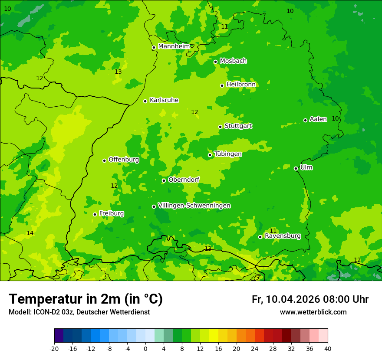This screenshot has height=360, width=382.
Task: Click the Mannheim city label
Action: tap(174, 46)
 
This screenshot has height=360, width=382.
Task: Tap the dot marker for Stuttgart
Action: tap(220, 127)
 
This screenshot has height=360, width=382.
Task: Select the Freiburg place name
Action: tap(111, 213)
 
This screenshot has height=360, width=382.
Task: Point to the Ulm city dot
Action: tap(296, 168)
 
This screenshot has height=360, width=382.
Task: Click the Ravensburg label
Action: tap(283, 236)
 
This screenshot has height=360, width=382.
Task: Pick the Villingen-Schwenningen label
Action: tap(194, 206)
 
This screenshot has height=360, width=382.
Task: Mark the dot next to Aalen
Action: tap(305, 120)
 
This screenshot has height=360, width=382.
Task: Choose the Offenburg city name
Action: tap(124, 160)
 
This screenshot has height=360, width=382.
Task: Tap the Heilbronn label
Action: tap(241, 85)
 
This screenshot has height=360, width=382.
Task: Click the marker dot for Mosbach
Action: tap(215, 62)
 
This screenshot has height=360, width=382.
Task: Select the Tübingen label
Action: tap(228, 154)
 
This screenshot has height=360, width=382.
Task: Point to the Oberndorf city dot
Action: tap(164, 180)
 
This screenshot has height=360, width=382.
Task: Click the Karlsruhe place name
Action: tap(164, 100)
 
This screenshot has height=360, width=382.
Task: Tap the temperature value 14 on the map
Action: tap(30, 233)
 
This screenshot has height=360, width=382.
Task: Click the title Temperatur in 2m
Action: tap(86, 299)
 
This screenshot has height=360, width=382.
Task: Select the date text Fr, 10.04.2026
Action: tap(286, 299)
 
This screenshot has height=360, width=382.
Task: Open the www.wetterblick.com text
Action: tap(313, 312)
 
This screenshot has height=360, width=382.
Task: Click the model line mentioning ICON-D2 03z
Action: tap(79, 312)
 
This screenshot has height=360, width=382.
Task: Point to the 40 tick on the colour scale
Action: tap(328, 348)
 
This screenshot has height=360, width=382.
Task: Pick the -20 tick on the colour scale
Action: tap(54, 348)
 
